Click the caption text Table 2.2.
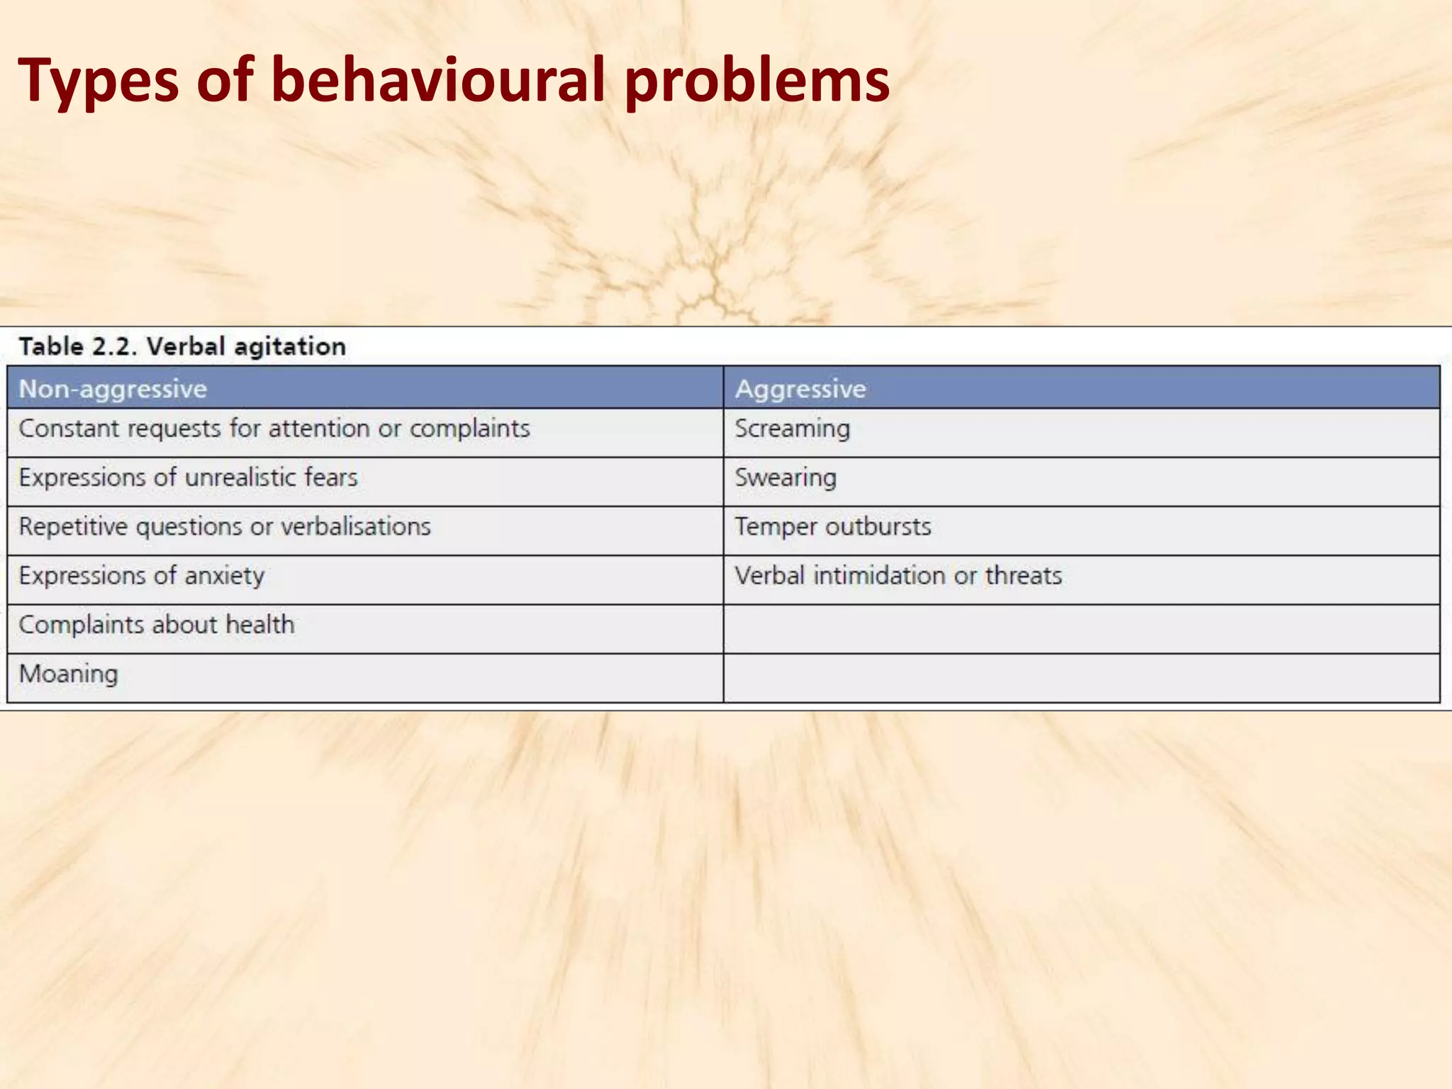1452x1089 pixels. point(78,347)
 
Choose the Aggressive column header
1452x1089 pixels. point(800,389)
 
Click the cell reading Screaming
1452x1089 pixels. point(792,429)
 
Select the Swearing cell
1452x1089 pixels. point(786,478)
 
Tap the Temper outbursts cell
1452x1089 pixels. point(832,527)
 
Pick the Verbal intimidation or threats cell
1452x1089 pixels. point(898,576)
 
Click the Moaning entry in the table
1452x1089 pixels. point(69,674)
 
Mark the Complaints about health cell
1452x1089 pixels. point(157,625)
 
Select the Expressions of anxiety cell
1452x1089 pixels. point(142,576)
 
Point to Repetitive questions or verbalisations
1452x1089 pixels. point(225,527)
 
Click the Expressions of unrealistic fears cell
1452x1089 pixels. point(188,478)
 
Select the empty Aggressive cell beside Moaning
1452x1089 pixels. point(1081,678)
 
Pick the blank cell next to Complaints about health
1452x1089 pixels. point(1081,629)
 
